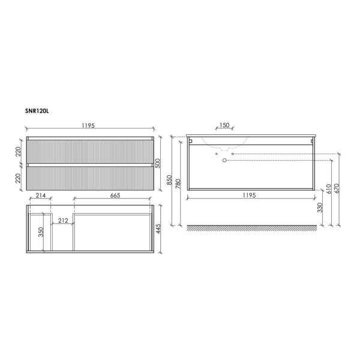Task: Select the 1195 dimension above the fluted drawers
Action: coord(88,126)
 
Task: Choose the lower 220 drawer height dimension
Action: coord(19,178)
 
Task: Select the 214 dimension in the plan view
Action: coord(40,196)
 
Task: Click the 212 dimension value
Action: coord(62,220)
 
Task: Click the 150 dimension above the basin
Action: coord(224,126)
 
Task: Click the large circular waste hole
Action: coord(225,161)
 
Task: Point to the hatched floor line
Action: coord(252,228)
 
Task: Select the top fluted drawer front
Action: coord(88,151)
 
